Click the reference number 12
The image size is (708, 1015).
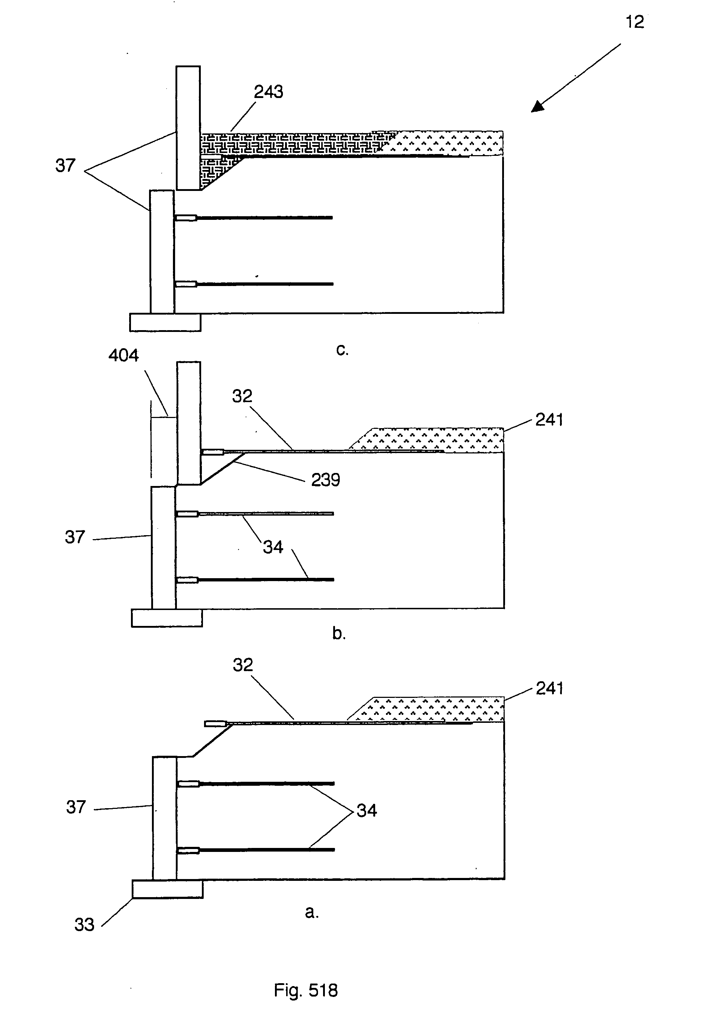635,22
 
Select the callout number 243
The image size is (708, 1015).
268,92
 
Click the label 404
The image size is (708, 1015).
123,355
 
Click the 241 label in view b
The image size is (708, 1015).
549,420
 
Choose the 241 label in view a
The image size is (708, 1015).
549,688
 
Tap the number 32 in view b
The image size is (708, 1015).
242,396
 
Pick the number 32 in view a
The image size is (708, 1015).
242,665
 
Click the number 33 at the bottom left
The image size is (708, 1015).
84,925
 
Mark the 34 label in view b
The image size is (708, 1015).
273,547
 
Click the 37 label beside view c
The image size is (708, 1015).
65,166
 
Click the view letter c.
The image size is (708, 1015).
342,349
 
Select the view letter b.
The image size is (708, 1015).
339,634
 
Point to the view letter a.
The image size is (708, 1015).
311,911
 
